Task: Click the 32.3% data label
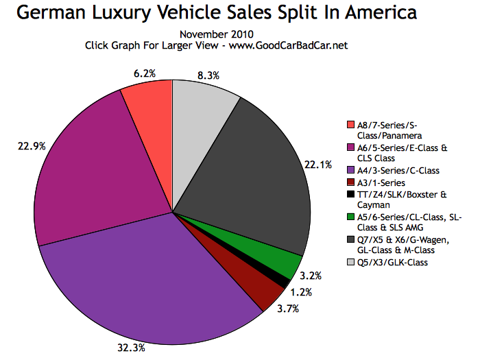pos(130,348)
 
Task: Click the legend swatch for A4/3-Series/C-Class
pos(352,169)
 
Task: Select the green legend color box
pos(352,216)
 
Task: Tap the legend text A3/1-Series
pos(381,182)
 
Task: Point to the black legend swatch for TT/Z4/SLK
pos(352,194)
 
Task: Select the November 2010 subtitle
pos(215,34)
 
